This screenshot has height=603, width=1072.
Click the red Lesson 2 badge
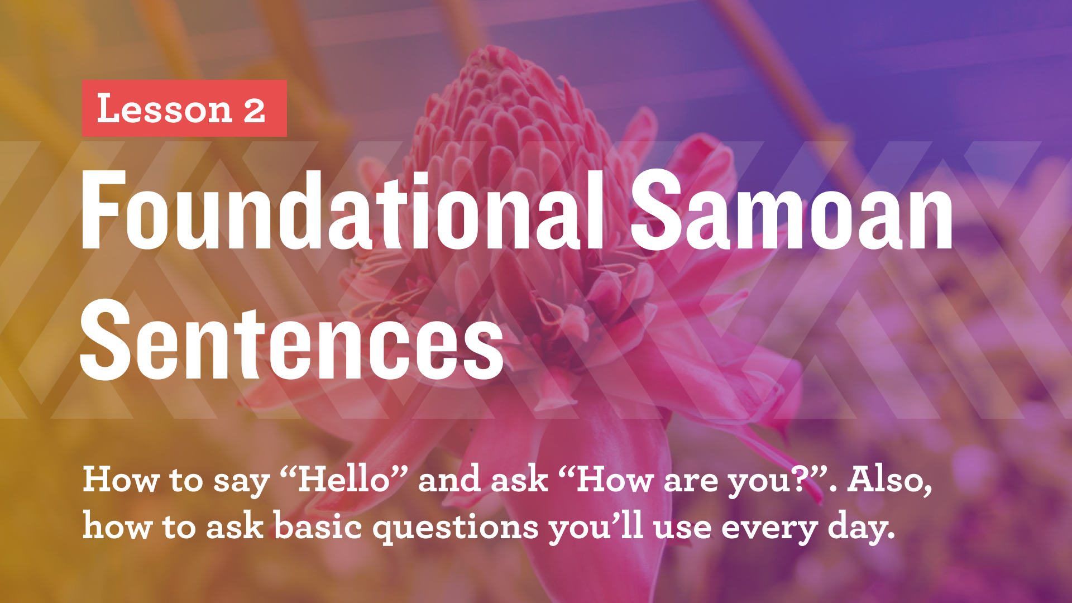tap(184, 108)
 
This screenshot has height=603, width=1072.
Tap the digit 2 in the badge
tap(254, 110)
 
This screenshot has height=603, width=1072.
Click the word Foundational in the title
tap(342, 211)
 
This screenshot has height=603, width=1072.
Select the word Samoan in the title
tap(792, 211)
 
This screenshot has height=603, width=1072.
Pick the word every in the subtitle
tap(769, 528)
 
